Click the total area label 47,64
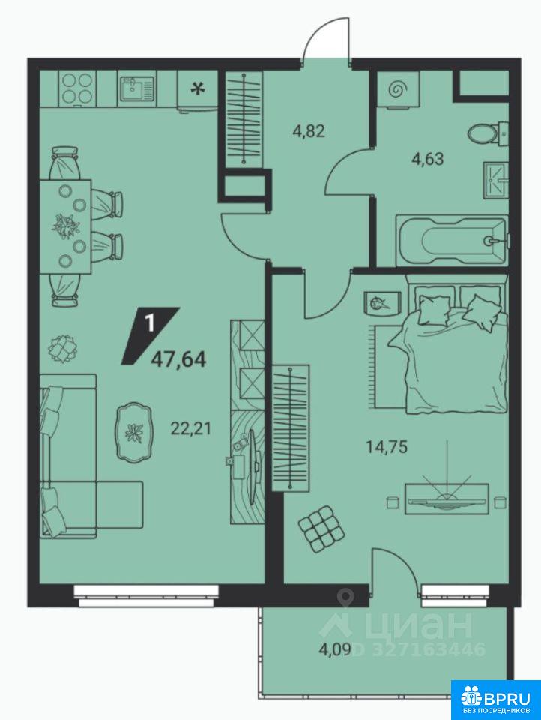click(x=178, y=358)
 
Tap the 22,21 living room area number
click(x=191, y=428)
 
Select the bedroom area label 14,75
click(x=387, y=446)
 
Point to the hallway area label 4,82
click(x=309, y=131)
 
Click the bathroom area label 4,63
click(x=428, y=159)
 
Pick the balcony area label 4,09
click(x=335, y=649)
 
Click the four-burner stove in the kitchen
click(x=77, y=88)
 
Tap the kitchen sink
click(x=136, y=88)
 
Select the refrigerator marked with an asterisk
click(x=197, y=90)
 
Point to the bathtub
click(x=452, y=240)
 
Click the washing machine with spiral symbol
click(x=397, y=89)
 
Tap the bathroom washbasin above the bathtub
click(x=496, y=181)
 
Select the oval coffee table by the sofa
click(x=134, y=431)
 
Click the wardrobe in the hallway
click(x=244, y=118)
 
